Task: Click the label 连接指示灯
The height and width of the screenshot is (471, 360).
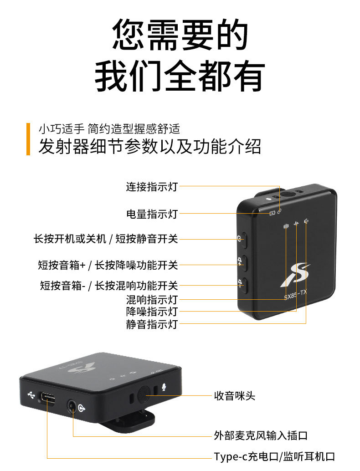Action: (151, 186)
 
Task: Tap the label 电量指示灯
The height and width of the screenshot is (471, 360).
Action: (151, 214)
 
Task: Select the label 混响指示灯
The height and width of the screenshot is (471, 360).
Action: (151, 300)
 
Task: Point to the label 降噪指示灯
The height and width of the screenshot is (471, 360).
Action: (151, 312)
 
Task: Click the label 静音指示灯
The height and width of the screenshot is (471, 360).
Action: (151, 324)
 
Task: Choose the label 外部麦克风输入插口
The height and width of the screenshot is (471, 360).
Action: (261, 435)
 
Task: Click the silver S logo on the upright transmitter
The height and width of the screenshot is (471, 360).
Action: (295, 275)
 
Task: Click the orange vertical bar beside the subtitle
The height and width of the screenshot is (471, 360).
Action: (28, 139)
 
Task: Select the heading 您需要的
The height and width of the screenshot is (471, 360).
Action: (180, 35)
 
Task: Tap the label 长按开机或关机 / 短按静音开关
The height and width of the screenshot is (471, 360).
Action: (106, 239)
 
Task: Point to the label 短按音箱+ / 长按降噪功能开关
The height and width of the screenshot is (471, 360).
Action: (108, 265)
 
